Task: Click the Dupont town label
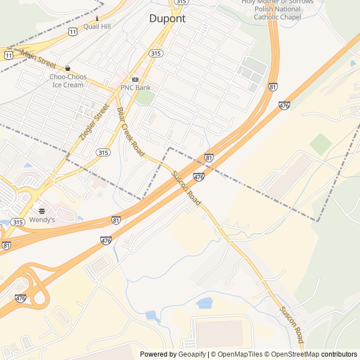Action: (167, 19)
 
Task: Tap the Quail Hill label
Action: (97, 26)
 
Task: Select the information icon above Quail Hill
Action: (97, 17)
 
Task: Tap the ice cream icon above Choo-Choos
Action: (67, 68)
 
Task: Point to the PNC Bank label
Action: (135, 88)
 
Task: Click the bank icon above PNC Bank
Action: (135, 79)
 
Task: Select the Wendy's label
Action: (42, 220)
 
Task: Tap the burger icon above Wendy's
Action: (42, 210)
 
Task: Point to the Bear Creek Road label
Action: (130, 133)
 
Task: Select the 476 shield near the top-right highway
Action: (284, 105)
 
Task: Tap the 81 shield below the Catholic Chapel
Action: (273, 87)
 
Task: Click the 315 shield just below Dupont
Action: (156, 53)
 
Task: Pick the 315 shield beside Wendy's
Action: (18, 222)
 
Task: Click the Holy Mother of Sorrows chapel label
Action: (277, 10)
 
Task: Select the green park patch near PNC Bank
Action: (145, 98)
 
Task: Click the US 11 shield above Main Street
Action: (73, 32)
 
